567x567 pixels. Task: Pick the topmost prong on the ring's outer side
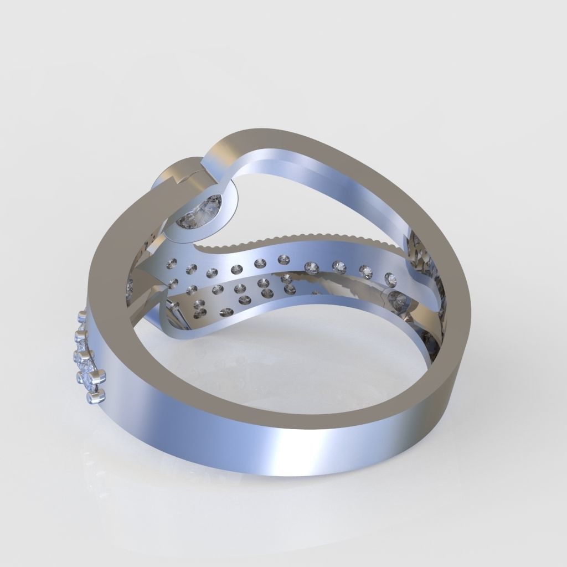click(83, 316)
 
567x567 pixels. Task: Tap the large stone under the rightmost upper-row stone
click(398, 299)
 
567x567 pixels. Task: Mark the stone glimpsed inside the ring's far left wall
click(130, 287)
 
